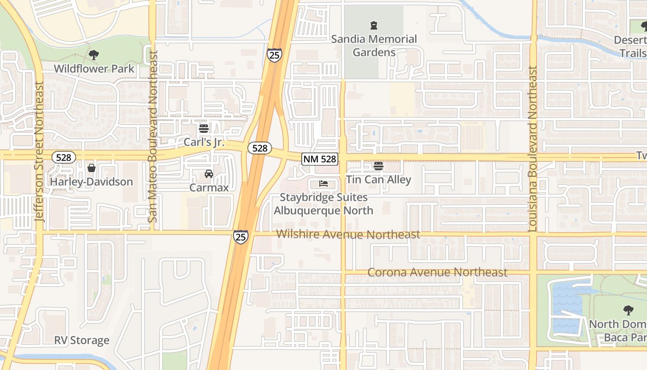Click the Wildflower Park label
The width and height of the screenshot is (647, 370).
(94, 69)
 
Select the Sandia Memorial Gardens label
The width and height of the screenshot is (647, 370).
(374, 45)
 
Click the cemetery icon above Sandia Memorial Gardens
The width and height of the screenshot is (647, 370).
(374, 25)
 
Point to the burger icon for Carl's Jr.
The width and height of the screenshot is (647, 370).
(203, 129)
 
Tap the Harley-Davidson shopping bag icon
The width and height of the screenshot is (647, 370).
(92, 168)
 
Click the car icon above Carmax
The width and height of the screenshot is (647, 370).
(209, 174)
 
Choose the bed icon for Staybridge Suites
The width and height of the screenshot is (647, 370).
(323, 184)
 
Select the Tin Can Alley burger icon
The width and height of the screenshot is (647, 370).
(378, 166)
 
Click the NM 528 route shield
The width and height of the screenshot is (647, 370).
(320, 159)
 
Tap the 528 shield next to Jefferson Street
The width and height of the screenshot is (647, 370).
(63, 157)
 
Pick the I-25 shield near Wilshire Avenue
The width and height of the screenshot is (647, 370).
(240, 237)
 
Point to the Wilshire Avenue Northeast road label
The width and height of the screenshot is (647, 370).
(348, 234)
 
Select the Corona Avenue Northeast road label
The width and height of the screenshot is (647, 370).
(437, 272)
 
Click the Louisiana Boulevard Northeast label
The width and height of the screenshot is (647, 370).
(533, 149)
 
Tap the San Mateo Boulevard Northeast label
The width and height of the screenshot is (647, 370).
(153, 136)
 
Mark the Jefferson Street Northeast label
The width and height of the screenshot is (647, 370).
(39, 152)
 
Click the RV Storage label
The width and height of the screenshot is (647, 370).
(82, 340)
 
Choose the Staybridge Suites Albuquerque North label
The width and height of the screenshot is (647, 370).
(323, 204)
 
